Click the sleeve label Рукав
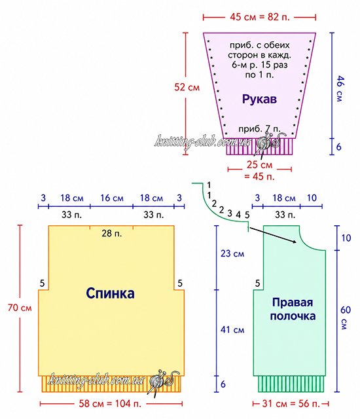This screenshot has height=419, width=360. pyautogui.click(x=259, y=99)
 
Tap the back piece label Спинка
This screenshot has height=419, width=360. pyautogui.click(x=110, y=293)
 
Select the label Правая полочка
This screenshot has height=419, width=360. pyautogui.click(x=293, y=309)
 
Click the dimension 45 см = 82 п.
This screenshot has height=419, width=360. pyautogui.click(x=260, y=17)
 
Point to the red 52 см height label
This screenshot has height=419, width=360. pyautogui.click(x=187, y=87)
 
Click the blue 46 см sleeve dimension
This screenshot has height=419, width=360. pyautogui.click(x=340, y=89)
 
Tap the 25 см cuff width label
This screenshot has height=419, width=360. pyautogui.click(x=259, y=164)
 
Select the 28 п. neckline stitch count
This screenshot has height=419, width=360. pyautogui.click(x=112, y=234)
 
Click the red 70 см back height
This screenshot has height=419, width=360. pyautogui.click(x=20, y=307)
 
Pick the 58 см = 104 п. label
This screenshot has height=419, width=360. pyautogui.click(x=110, y=403)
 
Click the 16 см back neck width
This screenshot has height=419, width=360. pyautogui.click(x=112, y=198)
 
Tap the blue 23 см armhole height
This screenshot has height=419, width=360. pyautogui.click(x=232, y=253)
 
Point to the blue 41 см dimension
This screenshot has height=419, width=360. pyautogui.click(x=232, y=329)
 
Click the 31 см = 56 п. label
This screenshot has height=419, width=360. pyautogui.click(x=291, y=403)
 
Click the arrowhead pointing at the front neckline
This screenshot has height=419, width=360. pyautogui.click(x=295, y=242)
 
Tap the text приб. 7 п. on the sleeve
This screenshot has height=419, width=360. pyautogui.click(x=259, y=129)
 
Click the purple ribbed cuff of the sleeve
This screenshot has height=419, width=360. pyautogui.click(x=259, y=147)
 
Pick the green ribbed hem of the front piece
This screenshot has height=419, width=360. pyautogui.click(x=291, y=384)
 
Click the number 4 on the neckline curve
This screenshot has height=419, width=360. pyautogui.click(x=238, y=214)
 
